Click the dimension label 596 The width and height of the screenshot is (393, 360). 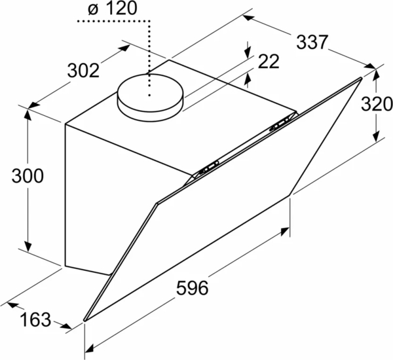[192, 288]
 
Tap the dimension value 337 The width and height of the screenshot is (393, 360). [312, 42]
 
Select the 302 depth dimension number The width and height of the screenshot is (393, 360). [83, 71]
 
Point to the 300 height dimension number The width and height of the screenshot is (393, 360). [28, 175]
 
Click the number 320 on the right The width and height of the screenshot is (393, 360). [377, 103]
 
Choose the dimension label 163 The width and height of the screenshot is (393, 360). [35, 319]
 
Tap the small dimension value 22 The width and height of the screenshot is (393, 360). [269, 62]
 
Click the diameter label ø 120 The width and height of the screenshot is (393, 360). [113, 8]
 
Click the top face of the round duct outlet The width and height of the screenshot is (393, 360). [151, 92]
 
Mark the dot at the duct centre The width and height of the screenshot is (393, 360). [149, 95]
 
